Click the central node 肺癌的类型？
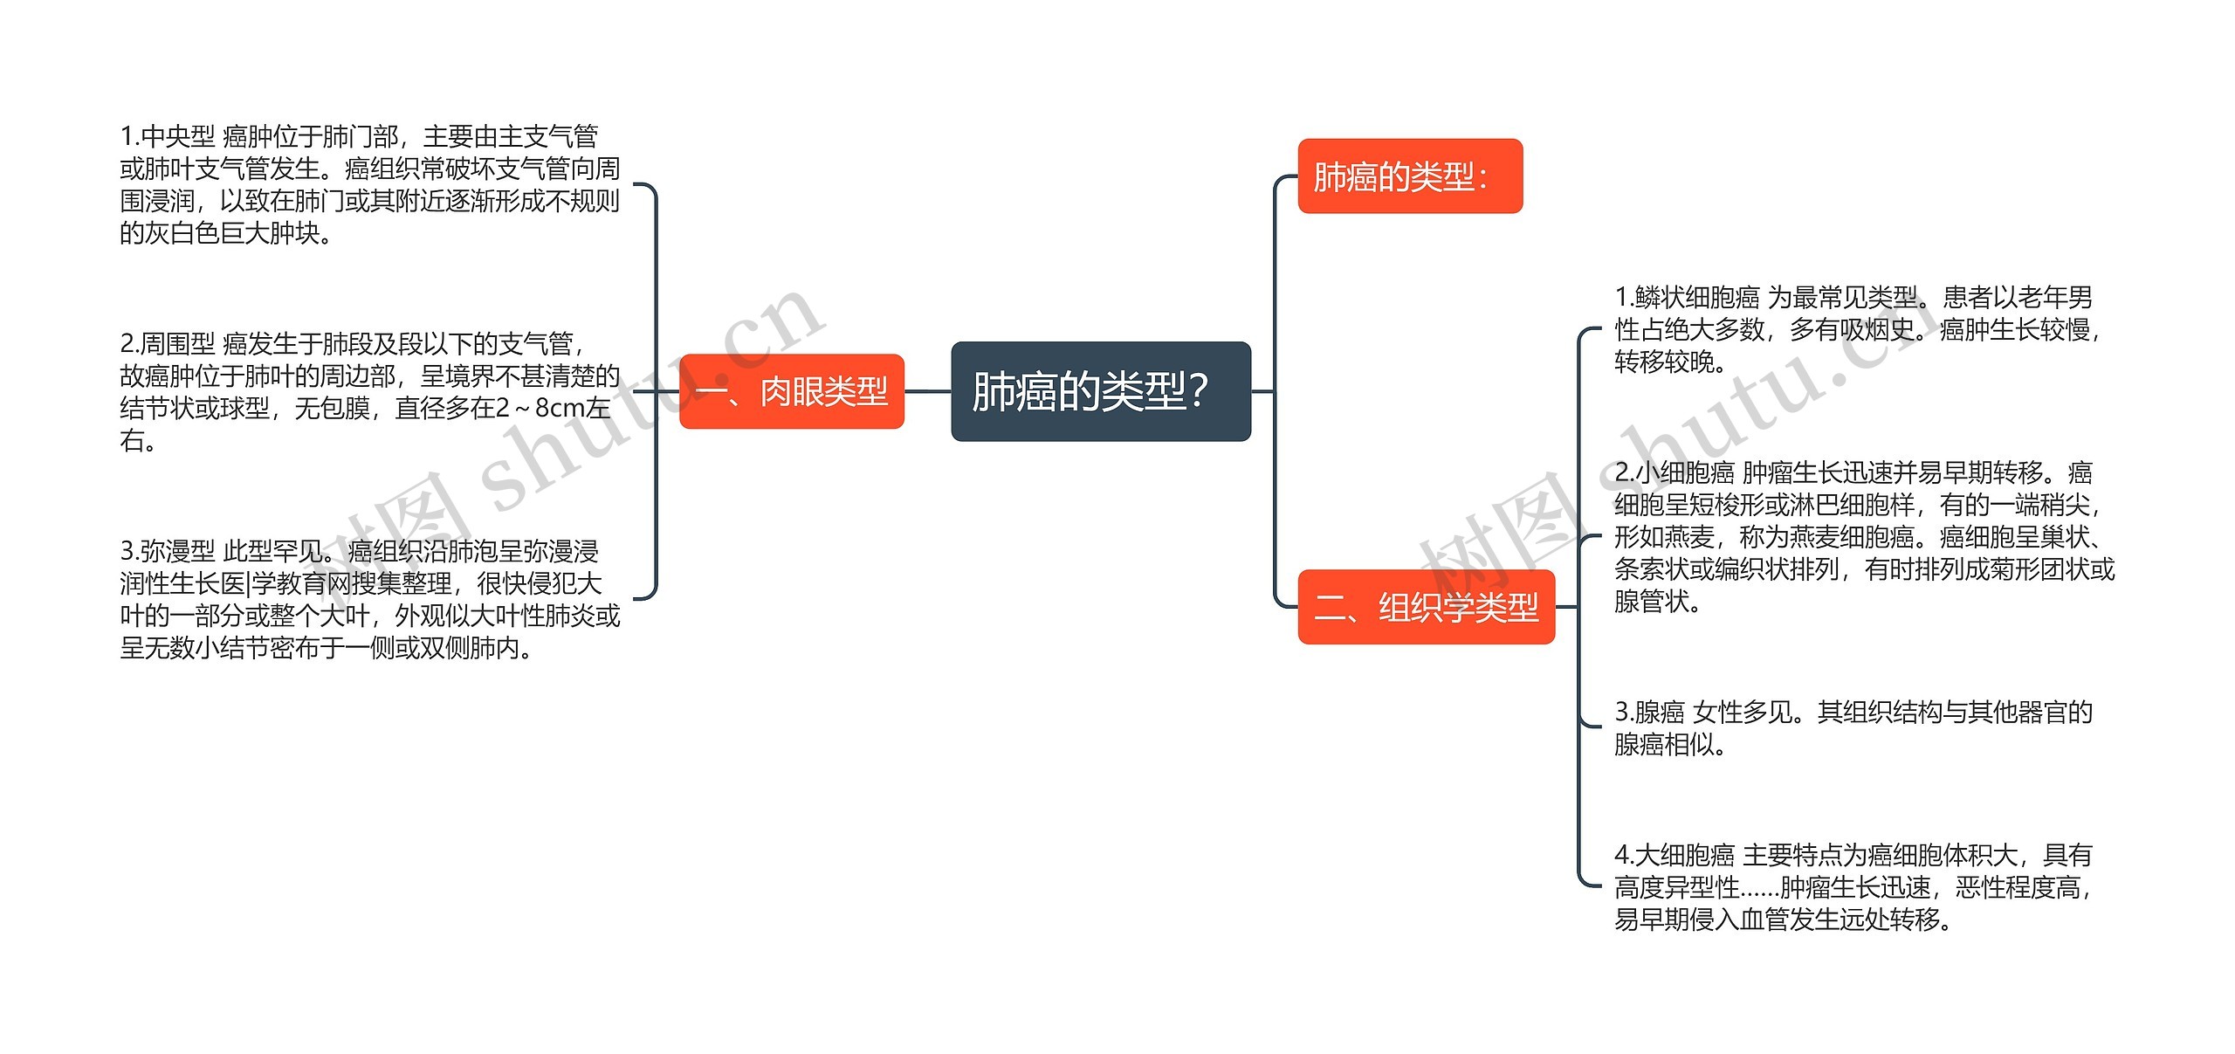[1100, 391]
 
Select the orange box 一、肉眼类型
[791, 391]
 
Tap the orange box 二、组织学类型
[1426, 607]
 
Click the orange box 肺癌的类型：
[1409, 176]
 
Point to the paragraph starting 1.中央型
[369, 184]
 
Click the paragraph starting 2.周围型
[369, 391]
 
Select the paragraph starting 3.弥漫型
[369, 599]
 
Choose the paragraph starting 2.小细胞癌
[1864, 536]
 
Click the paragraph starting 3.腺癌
[1853, 727]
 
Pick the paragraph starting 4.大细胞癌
[1853, 886]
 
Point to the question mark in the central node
[1199, 391]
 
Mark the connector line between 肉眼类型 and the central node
[927, 391]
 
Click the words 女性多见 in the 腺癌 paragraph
[1743, 713]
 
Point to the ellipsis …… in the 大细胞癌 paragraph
[1760, 887]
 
